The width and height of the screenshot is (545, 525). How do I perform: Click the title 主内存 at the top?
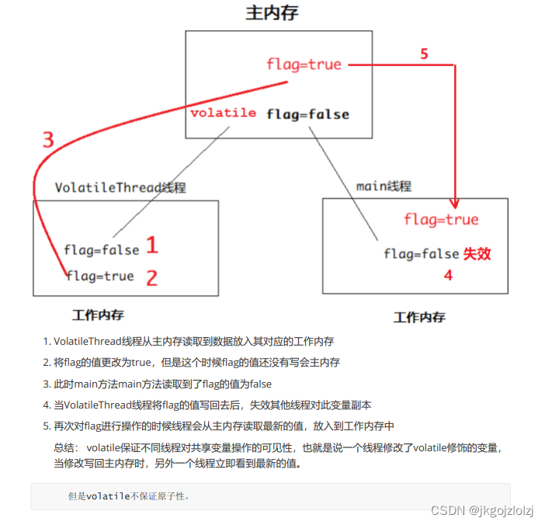click(x=272, y=13)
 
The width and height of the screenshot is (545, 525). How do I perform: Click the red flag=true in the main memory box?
click(x=304, y=64)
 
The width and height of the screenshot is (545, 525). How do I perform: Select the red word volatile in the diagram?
click(x=224, y=113)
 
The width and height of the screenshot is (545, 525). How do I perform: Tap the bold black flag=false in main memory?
click(x=307, y=114)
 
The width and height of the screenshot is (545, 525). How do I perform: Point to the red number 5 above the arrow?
click(x=424, y=54)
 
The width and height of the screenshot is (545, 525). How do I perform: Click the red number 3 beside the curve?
click(x=48, y=141)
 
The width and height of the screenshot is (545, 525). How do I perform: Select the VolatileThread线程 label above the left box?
click(x=120, y=188)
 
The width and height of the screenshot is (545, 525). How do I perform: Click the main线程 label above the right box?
click(x=384, y=186)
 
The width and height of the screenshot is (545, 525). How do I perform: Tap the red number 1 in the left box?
click(x=151, y=246)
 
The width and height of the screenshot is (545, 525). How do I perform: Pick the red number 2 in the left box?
click(x=151, y=277)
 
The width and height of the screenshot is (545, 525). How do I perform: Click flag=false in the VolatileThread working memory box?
click(x=102, y=250)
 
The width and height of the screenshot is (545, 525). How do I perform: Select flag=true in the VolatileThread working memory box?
click(x=100, y=276)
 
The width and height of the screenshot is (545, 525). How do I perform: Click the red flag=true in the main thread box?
click(x=441, y=220)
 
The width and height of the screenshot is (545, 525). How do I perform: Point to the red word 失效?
click(x=477, y=254)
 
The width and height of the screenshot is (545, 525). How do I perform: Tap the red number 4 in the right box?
click(x=448, y=275)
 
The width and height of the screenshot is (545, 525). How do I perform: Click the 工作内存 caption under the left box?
click(x=98, y=315)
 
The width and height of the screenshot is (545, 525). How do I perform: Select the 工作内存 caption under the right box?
click(x=419, y=317)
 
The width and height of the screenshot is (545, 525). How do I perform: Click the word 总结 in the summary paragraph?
click(x=65, y=447)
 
